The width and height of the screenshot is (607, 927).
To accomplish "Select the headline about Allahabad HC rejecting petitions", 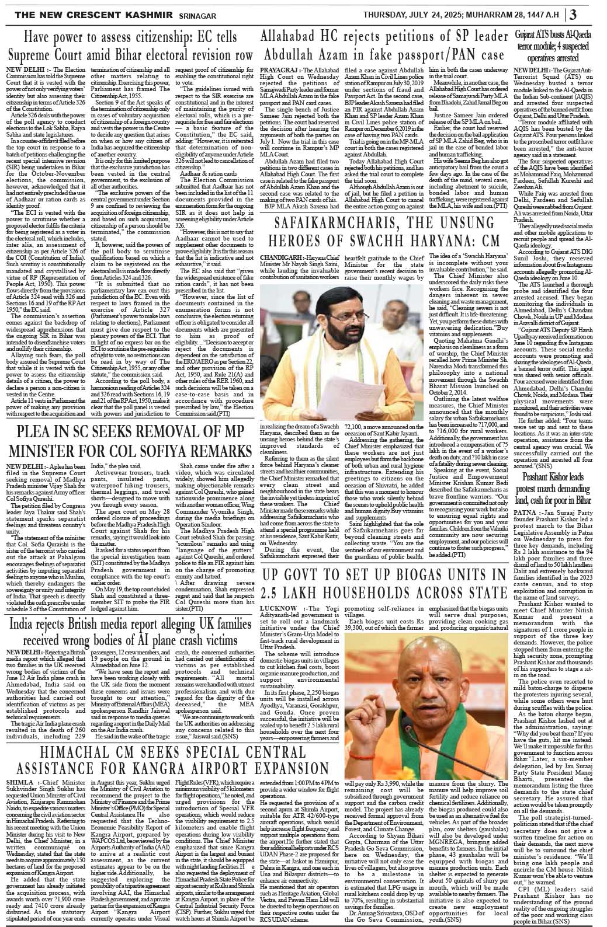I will pos(383,46).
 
